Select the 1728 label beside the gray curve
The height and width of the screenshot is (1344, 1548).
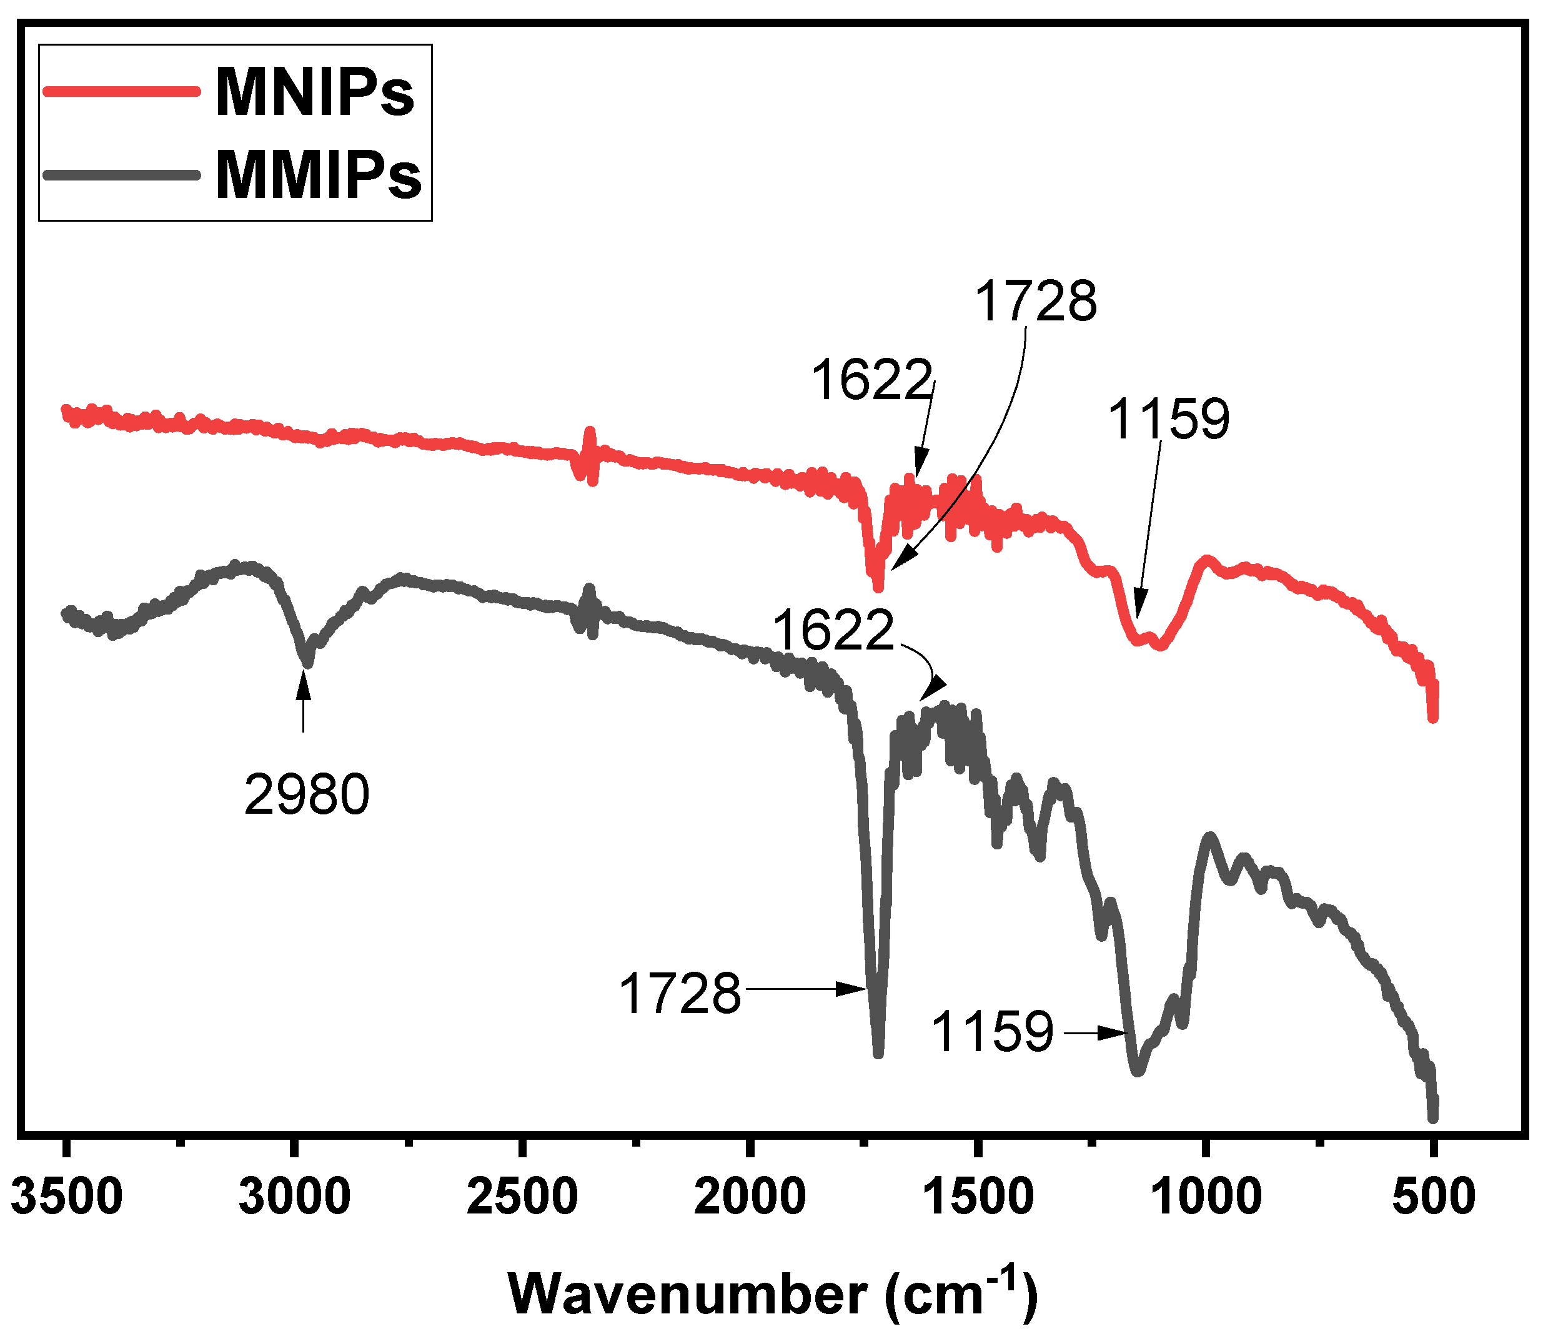pyautogui.click(x=680, y=994)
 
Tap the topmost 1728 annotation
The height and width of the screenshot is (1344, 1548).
pyautogui.click(x=1036, y=301)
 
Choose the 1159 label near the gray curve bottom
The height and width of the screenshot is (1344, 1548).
pyautogui.click(x=992, y=1032)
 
